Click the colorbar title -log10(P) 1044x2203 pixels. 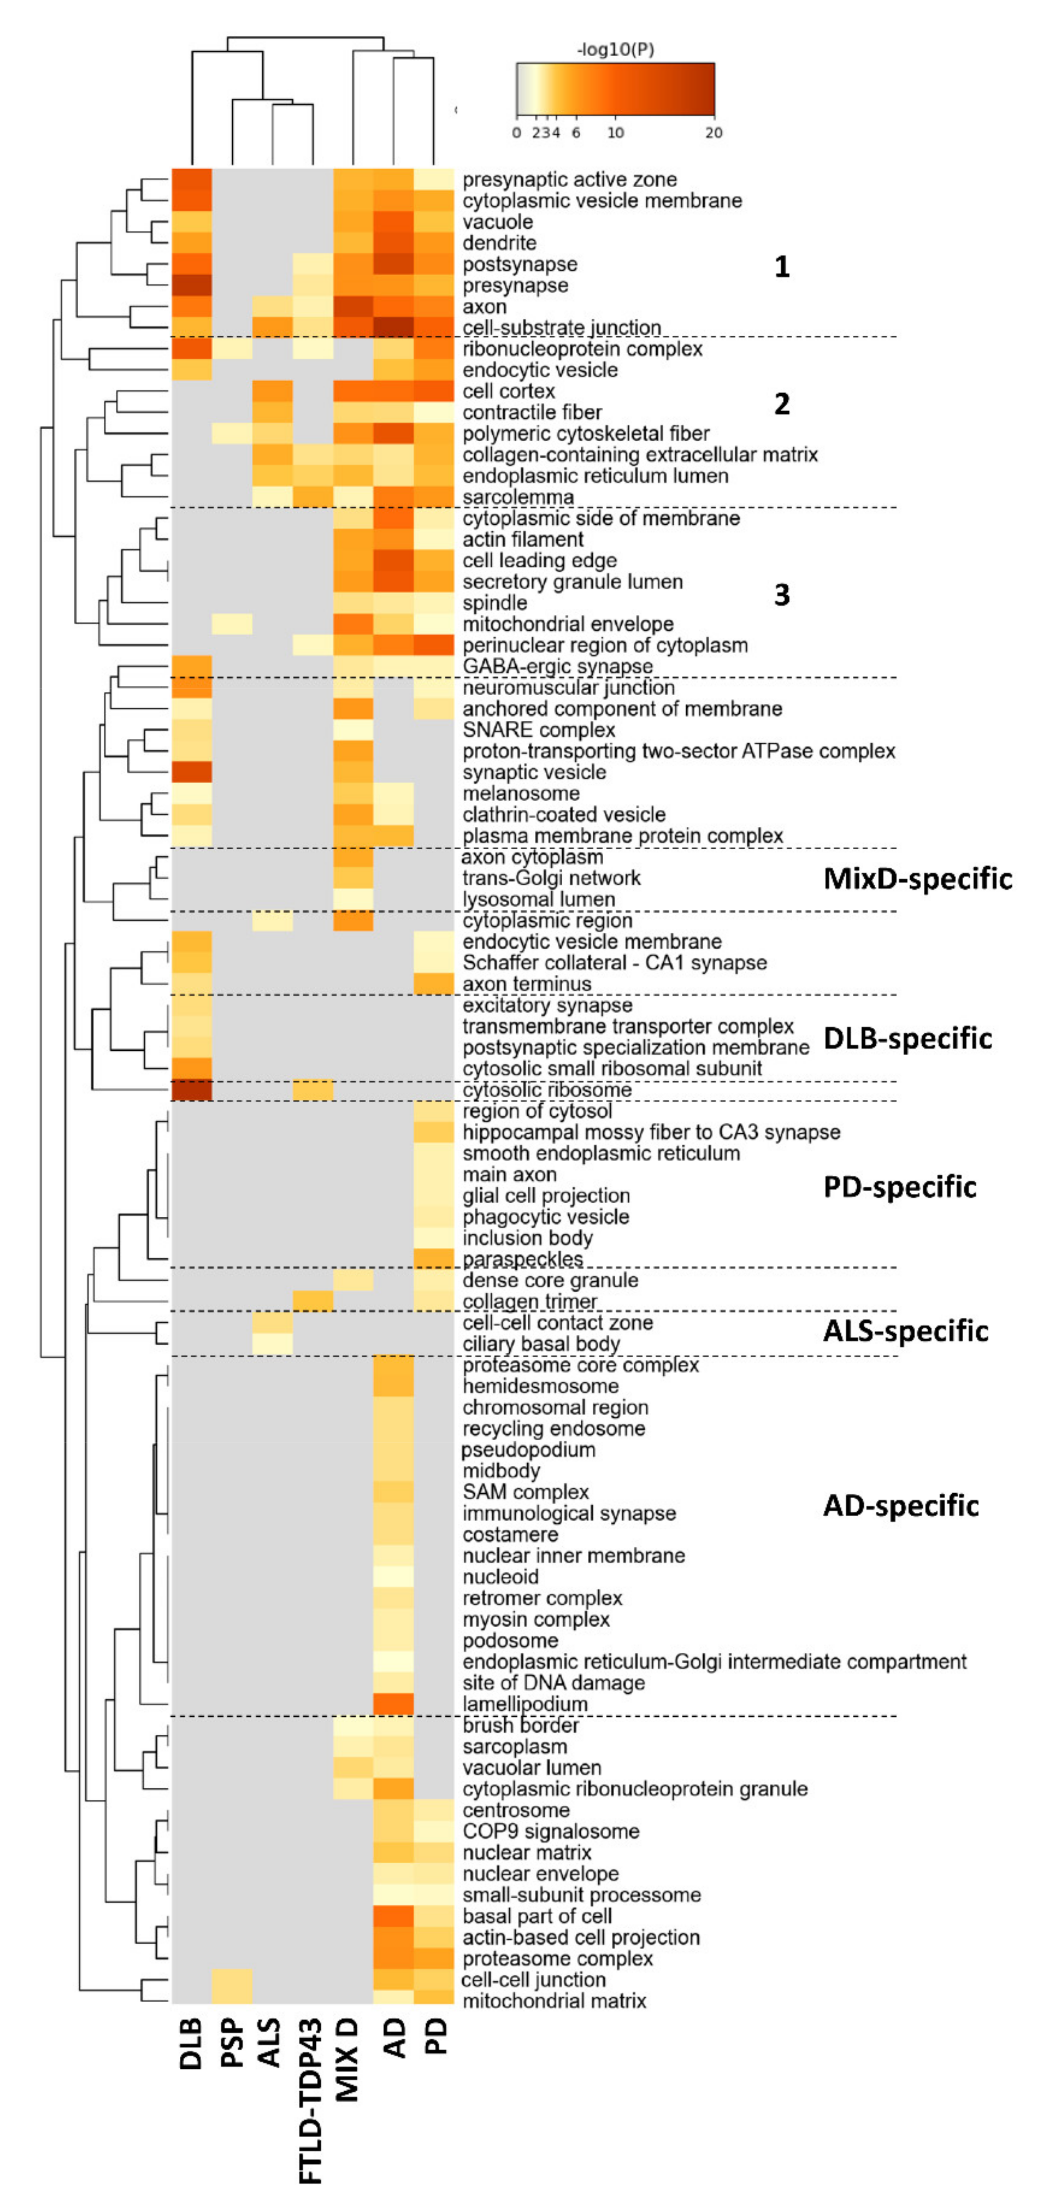click(x=616, y=49)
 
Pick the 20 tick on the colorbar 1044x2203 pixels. click(x=713, y=132)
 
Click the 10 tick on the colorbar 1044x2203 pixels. click(x=615, y=132)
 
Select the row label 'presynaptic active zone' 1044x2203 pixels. click(x=569, y=180)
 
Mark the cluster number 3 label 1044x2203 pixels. click(x=782, y=595)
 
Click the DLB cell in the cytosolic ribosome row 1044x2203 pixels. click(x=192, y=1090)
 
